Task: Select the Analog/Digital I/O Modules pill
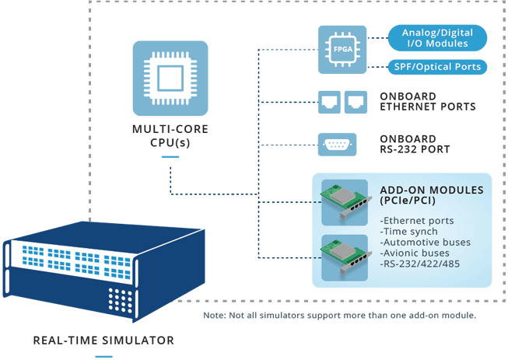click(437, 37)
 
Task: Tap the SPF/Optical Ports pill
click(437, 67)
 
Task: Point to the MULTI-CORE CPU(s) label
click(170, 135)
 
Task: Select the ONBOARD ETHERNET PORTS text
click(427, 102)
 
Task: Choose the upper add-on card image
click(345, 198)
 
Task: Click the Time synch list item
click(410, 231)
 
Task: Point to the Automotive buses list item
click(425, 242)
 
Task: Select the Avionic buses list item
click(415, 253)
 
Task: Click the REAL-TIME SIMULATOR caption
click(104, 340)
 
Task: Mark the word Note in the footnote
click(212, 315)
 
